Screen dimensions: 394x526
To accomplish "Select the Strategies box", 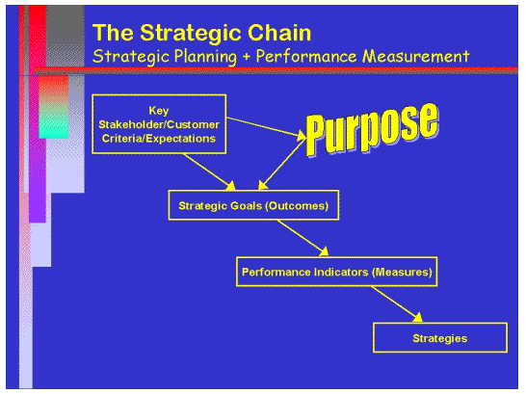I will (x=439, y=338).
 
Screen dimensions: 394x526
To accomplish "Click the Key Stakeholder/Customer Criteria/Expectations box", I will (x=159, y=123).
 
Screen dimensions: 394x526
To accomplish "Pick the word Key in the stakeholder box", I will (x=159, y=108).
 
